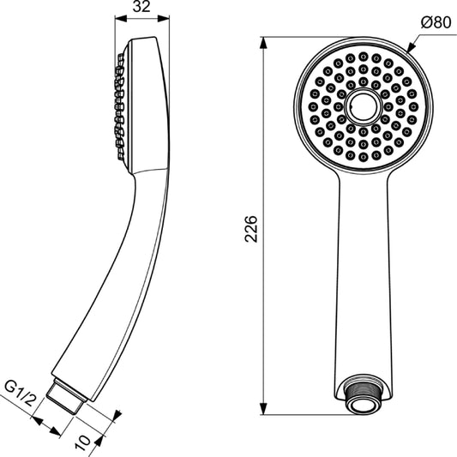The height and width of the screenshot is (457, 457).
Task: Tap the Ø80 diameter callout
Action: coord(435,23)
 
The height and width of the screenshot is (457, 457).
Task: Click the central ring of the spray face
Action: coord(363,105)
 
